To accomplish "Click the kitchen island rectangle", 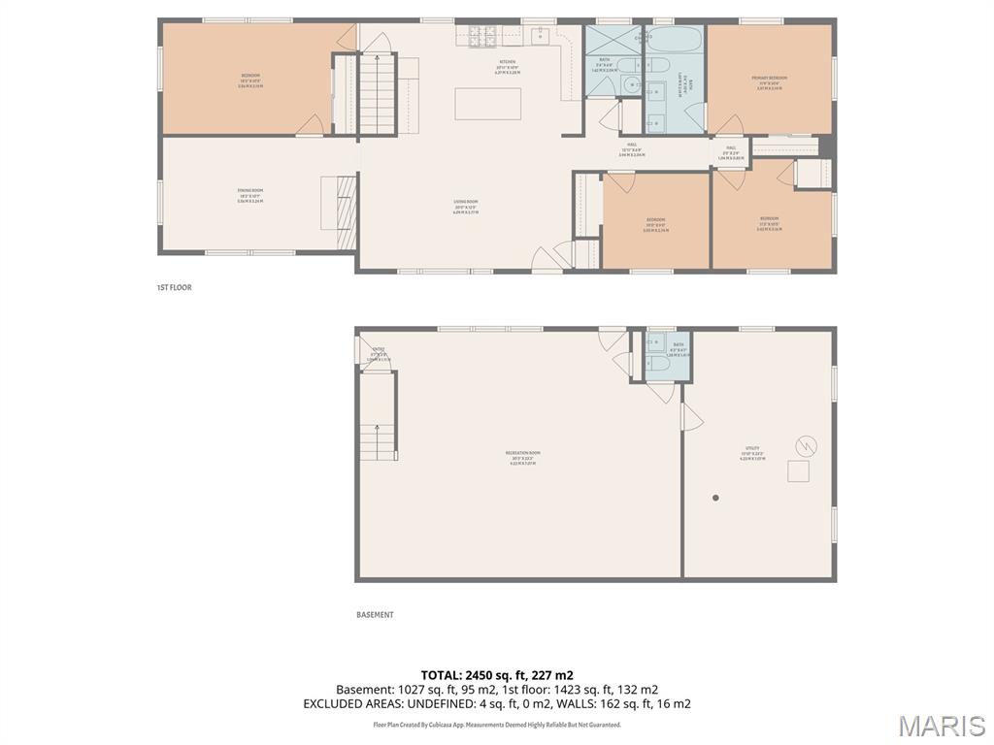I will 487,104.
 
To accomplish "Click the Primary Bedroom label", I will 769,81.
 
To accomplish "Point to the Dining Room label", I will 250,194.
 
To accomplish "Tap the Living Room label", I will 466,206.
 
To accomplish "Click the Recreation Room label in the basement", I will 522,458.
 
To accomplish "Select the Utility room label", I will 752,452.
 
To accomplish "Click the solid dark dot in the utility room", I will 716,498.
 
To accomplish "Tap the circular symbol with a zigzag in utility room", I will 806,446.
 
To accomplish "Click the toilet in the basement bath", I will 657,363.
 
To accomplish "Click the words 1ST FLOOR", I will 175,288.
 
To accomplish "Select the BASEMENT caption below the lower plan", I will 375,615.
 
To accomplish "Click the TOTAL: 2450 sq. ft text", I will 496,675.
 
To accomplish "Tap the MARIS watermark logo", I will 941,726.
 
